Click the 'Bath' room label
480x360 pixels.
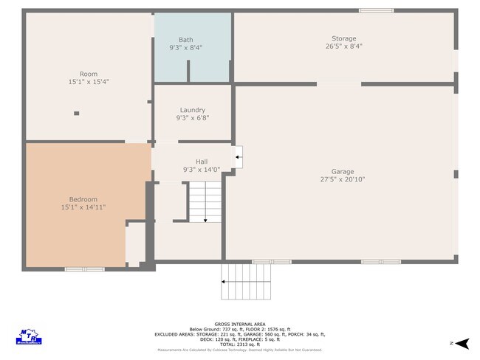tap(186, 40)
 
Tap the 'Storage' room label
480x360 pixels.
tap(343, 38)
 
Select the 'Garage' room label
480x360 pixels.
tap(343, 171)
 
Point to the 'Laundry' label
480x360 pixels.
tap(193, 110)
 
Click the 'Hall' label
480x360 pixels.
tap(202, 162)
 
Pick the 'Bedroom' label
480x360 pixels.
tap(83, 199)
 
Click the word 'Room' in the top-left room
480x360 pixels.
tap(89, 74)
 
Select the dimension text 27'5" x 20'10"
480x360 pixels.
tap(343, 179)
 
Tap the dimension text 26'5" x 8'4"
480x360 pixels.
tap(343, 46)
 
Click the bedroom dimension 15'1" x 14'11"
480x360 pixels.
tap(83, 207)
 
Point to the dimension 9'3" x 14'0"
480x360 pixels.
tap(202, 170)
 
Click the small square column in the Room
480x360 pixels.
tap(76, 114)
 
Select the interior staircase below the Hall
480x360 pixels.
tap(205, 201)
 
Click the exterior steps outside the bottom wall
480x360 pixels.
tap(246, 282)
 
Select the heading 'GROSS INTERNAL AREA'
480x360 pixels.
tap(240, 324)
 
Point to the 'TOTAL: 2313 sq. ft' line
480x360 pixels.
tap(240, 345)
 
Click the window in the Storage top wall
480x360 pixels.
tap(376, 10)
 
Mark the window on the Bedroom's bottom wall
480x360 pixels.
tap(85, 269)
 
